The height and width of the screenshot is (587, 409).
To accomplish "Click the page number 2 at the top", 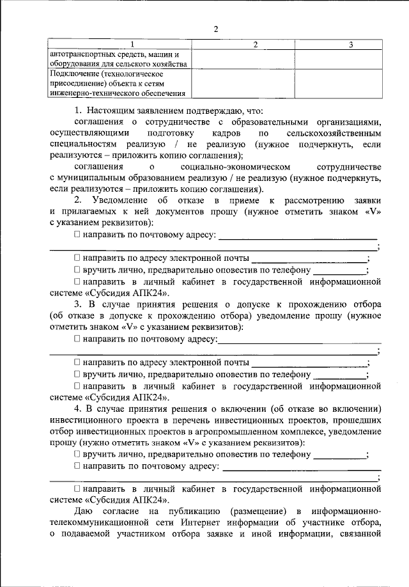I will (x=215, y=29).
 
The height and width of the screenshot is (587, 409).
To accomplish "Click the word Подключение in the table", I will (x=72, y=74).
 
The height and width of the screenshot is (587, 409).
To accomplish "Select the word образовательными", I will (x=293, y=123).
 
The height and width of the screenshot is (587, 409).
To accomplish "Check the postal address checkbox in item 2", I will (x=77, y=236).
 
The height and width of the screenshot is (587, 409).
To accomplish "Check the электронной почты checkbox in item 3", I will (x=77, y=363).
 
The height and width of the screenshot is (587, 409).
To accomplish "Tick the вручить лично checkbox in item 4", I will (x=77, y=455).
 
